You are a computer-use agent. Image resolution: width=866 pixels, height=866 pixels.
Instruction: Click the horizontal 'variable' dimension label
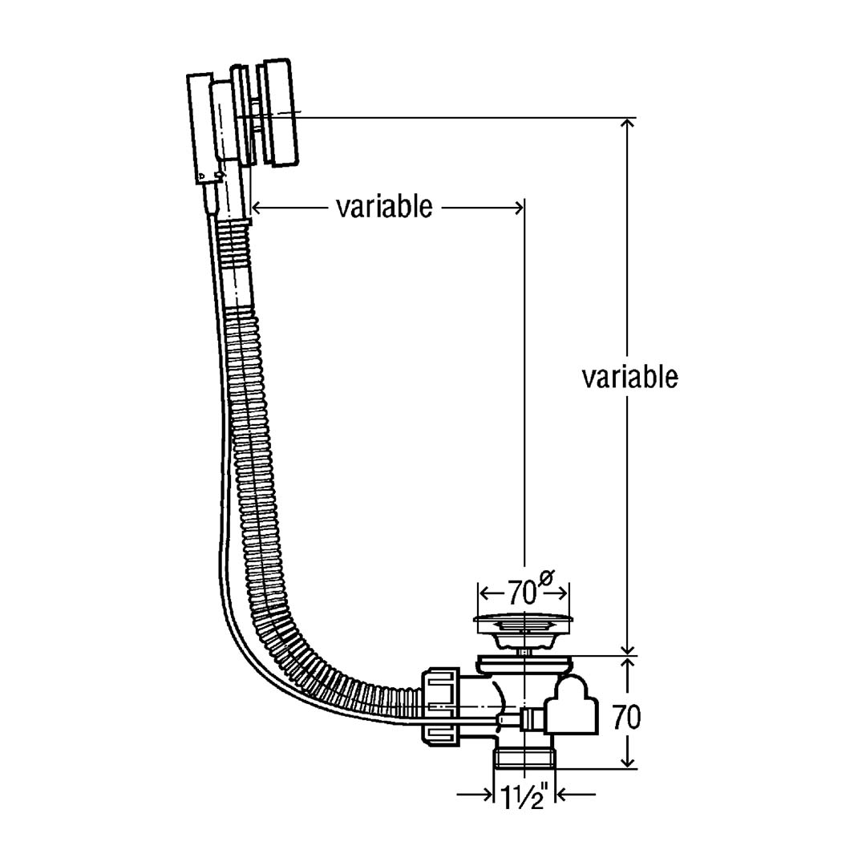(x=384, y=207)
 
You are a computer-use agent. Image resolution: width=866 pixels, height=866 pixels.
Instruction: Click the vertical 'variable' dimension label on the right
(x=629, y=376)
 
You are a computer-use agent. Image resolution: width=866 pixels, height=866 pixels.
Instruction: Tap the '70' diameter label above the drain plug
(x=522, y=593)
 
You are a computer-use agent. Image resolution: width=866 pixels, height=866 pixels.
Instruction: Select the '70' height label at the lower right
(x=626, y=718)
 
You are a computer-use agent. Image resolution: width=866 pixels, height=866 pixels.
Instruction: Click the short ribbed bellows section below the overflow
(x=235, y=244)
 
